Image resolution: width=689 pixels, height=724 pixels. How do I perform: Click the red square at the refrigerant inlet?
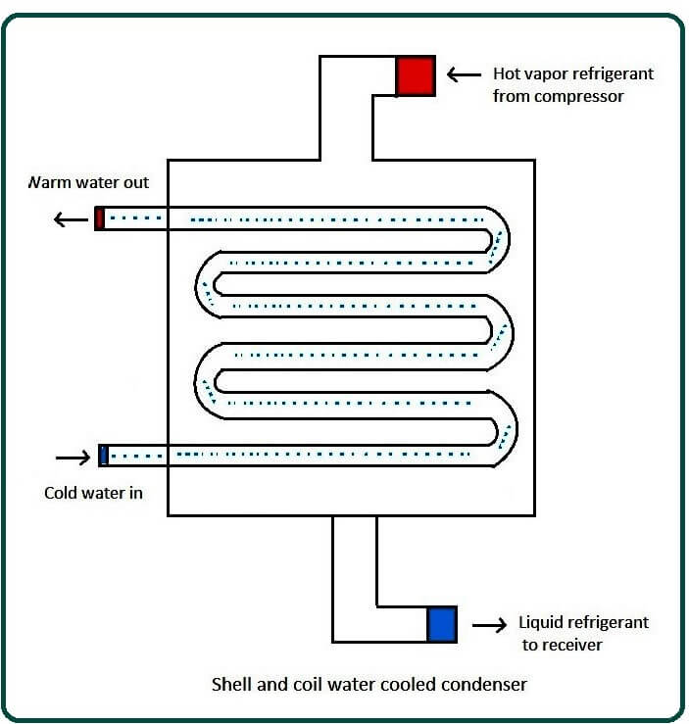tap(415, 75)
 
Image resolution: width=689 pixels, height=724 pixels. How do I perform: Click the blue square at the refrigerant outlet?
tap(442, 624)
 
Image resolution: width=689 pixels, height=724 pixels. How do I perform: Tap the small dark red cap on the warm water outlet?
tap(99, 217)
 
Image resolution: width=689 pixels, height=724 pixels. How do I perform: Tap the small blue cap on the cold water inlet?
tap(103, 456)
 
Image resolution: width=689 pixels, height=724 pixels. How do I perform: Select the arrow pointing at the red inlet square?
tap(464, 74)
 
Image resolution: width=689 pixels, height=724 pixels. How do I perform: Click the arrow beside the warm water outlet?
tap(71, 218)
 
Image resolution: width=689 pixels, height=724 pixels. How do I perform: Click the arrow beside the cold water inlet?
tap(72, 457)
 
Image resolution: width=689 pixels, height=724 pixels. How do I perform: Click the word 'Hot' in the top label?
tap(508, 74)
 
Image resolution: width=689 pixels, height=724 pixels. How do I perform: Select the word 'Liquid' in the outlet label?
tap(540, 623)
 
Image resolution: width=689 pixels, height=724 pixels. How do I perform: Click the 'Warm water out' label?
tap(88, 183)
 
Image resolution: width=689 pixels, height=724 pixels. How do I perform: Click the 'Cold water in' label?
tap(93, 493)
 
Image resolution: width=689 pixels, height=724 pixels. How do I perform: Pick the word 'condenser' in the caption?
tap(491, 684)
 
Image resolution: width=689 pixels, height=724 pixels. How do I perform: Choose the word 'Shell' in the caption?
tap(231, 684)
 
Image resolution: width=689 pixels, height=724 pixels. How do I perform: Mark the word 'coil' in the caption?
tap(302, 684)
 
